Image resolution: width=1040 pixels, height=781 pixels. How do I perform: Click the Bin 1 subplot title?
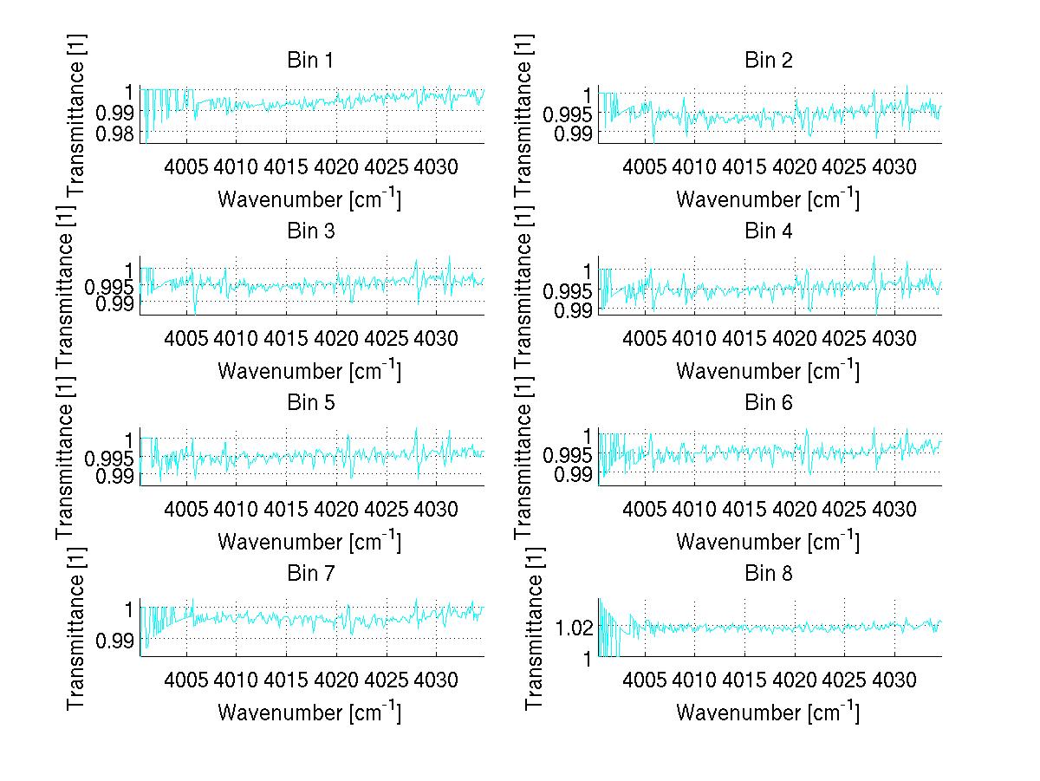click(x=310, y=61)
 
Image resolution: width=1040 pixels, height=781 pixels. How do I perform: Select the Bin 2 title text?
click(x=769, y=61)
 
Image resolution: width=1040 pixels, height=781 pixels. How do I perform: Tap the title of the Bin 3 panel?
click(x=310, y=231)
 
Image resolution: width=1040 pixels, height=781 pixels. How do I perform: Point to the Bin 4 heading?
click(x=769, y=231)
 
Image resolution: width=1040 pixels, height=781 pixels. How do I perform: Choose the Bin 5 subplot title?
click(x=310, y=403)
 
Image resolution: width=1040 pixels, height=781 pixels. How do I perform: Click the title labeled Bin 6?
click(x=769, y=403)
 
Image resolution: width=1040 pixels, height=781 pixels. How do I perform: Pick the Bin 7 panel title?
click(x=310, y=574)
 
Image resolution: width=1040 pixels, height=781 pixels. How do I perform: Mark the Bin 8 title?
click(x=769, y=574)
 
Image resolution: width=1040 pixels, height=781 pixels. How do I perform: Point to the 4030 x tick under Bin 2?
click(x=894, y=166)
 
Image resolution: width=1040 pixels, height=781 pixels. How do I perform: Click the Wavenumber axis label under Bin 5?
click(x=309, y=542)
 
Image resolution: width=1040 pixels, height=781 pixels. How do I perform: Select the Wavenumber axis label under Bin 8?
click(x=767, y=713)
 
